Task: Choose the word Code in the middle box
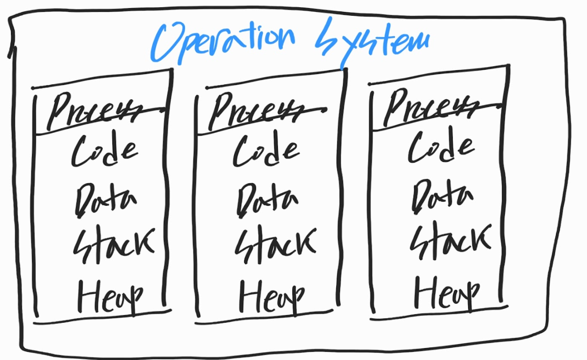pos(266,150)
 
